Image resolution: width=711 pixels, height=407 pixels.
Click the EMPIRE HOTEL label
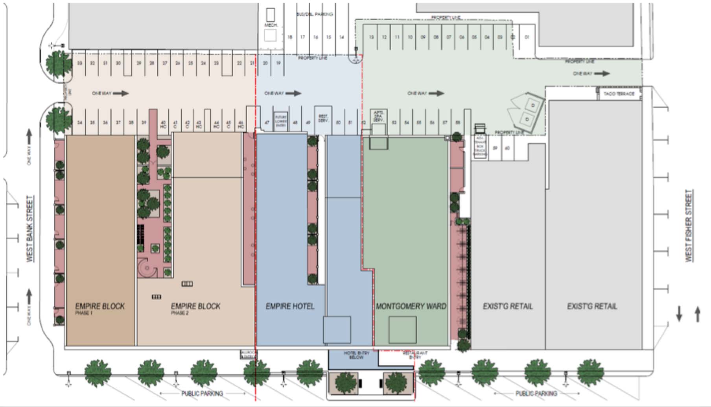click(290, 306)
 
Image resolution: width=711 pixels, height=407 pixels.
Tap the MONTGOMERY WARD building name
click(411, 306)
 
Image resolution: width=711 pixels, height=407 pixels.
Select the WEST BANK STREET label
click(30, 229)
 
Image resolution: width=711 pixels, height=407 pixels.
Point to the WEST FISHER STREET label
click(689, 226)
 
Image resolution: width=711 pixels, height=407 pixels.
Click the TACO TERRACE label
click(619, 94)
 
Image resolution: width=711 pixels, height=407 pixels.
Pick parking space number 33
click(79, 63)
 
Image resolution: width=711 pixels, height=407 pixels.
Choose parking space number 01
click(527, 37)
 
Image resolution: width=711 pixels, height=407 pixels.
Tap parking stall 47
click(267, 122)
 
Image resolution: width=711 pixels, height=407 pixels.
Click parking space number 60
click(507, 148)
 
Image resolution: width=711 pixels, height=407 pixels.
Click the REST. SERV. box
click(323, 118)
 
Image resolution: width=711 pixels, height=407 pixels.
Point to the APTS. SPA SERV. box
click(379, 117)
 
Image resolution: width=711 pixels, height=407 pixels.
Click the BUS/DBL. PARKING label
click(314, 14)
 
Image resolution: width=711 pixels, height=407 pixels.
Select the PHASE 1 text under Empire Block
click(83, 313)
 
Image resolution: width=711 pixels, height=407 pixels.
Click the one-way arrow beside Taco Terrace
click(602, 74)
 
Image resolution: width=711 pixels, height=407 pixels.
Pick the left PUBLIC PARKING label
click(202, 393)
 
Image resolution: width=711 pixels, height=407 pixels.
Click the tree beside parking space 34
click(55, 118)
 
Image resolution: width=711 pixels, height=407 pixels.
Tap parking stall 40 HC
click(163, 124)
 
